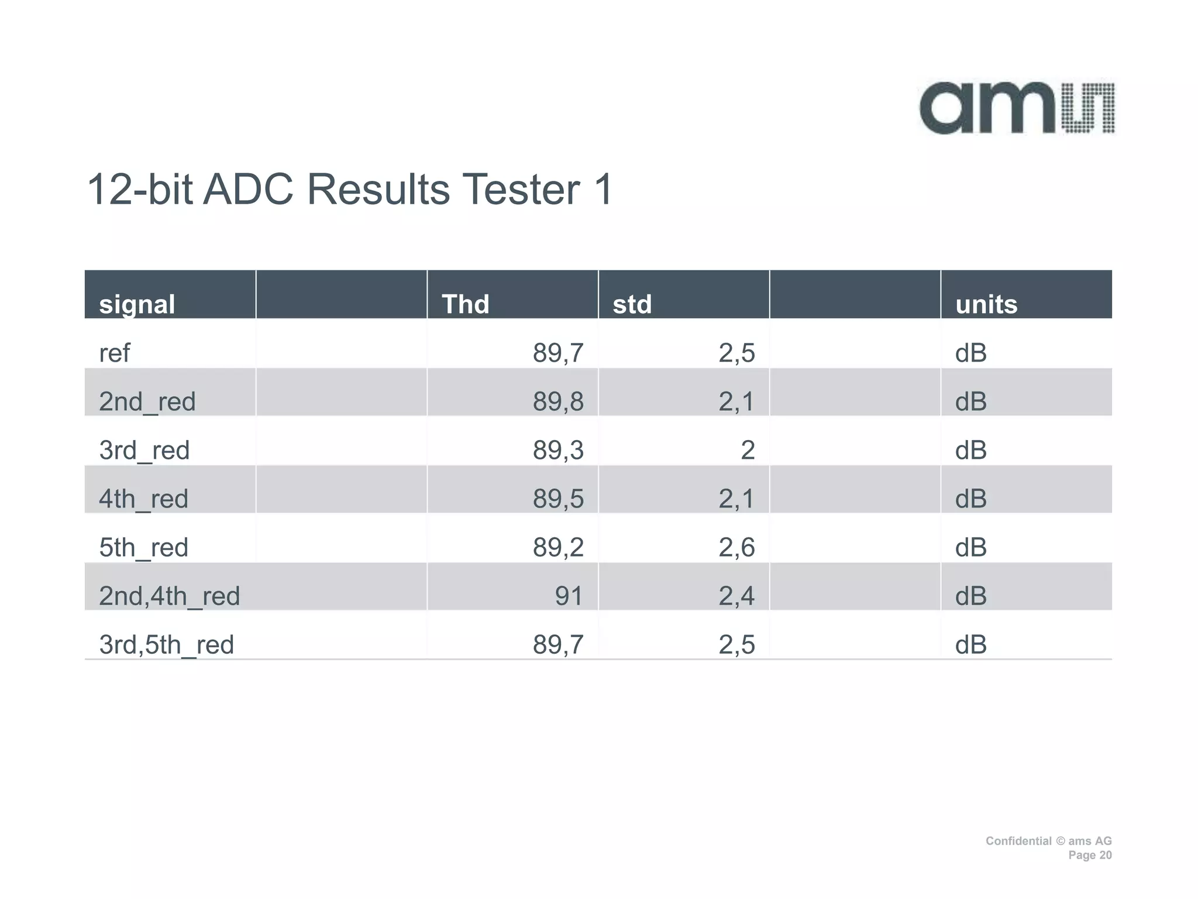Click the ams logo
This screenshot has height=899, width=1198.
[x=1017, y=108]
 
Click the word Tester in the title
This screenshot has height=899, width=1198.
[x=521, y=190]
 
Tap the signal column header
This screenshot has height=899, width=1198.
[x=137, y=304]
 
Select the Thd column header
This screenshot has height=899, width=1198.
[x=465, y=304]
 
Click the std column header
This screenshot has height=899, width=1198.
[x=632, y=304]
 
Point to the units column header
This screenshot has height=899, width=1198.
[x=986, y=304]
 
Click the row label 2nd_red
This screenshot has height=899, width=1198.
[x=147, y=402]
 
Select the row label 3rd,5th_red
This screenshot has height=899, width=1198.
[x=166, y=644]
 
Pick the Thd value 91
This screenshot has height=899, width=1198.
[x=569, y=596]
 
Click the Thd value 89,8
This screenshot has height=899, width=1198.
[x=557, y=402]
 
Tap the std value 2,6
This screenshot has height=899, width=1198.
[x=736, y=547]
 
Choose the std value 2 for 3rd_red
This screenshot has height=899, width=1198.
[x=748, y=450]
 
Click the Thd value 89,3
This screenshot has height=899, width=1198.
[x=557, y=450]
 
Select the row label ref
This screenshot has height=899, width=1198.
[x=115, y=353]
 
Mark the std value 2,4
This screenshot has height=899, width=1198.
[x=736, y=596]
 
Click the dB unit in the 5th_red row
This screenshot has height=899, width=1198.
[x=971, y=547]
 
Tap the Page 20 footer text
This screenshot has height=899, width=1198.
[x=1090, y=855]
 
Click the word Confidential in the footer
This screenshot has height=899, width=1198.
[x=1018, y=841]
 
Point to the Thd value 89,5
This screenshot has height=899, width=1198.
[x=557, y=499]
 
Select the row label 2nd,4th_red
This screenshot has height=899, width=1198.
[x=169, y=596]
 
